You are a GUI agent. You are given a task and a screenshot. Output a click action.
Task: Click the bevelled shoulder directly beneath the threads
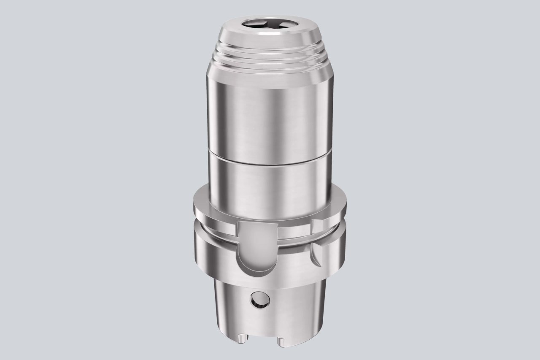[x=270, y=70]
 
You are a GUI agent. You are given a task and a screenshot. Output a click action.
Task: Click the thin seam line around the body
[x=270, y=159]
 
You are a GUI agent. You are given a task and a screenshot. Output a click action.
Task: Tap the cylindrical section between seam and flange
[x=270, y=181]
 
